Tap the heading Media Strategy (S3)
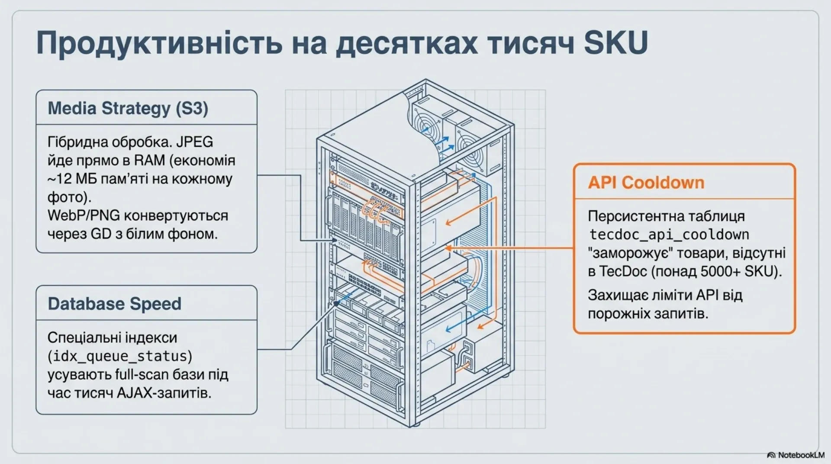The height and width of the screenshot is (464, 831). pos(128,108)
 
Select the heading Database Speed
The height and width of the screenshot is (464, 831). pos(115,304)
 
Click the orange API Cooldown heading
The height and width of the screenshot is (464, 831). pos(646,183)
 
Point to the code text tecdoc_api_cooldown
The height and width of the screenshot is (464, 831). pos(669,235)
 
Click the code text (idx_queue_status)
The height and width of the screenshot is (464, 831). pos(120,356)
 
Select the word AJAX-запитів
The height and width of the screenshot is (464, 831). pos(164,393)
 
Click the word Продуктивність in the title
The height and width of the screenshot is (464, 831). pos(159,42)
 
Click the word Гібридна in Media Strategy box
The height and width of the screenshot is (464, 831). pos(78,142)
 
